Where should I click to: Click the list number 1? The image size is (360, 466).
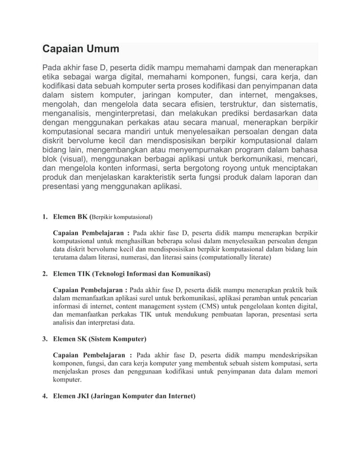pos(45,216)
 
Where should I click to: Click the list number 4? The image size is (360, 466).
pos(45,397)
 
